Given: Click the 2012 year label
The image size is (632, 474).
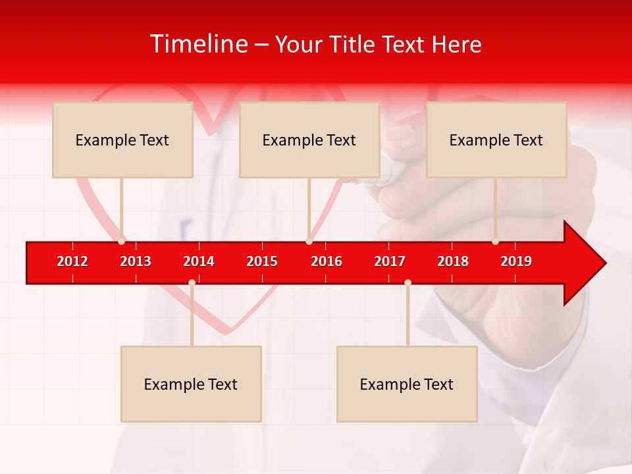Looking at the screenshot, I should [72, 261].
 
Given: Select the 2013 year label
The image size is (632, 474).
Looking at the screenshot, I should [136, 261].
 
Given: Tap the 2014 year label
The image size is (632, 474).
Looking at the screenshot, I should [199, 261].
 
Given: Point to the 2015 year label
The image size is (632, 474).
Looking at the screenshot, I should [262, 261].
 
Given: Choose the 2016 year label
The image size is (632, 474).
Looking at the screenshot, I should [327, 261].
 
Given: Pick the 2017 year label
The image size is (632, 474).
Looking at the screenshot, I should [390, 261].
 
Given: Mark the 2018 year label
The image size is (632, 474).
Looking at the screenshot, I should [453, 261].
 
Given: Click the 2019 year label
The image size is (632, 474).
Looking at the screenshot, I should [516, 261].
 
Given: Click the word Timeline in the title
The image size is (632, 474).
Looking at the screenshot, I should [198, 44].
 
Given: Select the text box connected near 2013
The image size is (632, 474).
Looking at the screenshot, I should [122, 140].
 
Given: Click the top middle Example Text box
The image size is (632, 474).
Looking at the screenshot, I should [309, 140].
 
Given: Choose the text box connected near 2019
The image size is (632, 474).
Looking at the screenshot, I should [496, 140].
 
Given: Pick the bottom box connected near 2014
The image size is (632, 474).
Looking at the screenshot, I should [191, 384].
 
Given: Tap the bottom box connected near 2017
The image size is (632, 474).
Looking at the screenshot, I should [407, 384].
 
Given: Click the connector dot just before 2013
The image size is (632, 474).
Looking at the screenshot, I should [122, 242].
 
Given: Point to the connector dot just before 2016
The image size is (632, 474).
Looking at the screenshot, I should [309, 242].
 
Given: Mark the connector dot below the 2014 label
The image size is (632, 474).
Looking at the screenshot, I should [192, 282].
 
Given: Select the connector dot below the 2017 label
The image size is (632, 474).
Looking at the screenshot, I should [408, 282].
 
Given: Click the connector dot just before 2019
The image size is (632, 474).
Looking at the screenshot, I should [496, 242].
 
